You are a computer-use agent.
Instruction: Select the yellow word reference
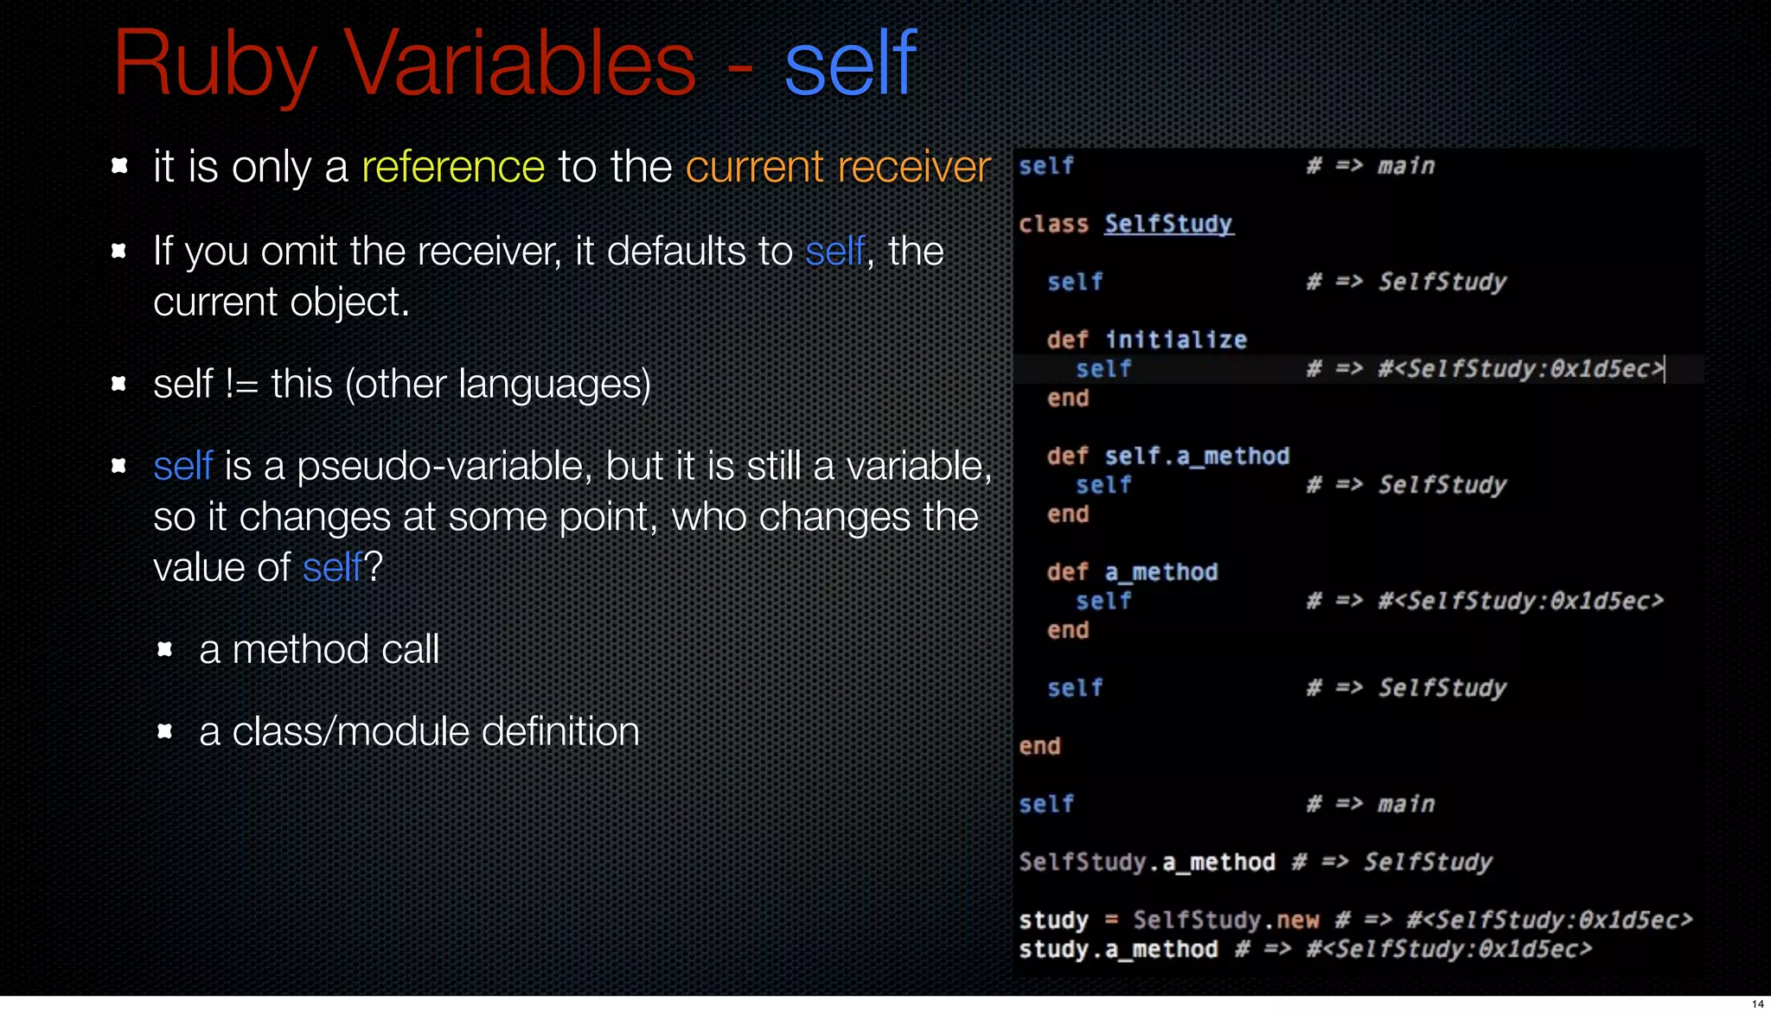coord(452,167)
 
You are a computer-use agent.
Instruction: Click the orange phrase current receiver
coord(837,167)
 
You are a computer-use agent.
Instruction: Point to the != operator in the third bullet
coord(241,385)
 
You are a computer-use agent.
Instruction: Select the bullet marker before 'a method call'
coord(164,649)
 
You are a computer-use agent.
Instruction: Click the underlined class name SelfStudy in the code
coord(1168,224)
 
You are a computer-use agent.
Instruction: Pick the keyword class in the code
coord(1053,224)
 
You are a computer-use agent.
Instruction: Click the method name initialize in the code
coord(1176,340)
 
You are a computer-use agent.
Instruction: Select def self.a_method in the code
coord(1167,456)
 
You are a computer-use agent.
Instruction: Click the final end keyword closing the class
coord(1039,746)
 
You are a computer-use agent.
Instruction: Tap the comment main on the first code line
coord(1406,166)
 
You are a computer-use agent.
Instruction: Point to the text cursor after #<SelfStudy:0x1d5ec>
coord(1665,369)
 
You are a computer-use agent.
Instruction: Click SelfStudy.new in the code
coord(1226,920)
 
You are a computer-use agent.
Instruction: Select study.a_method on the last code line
coord(1117,949)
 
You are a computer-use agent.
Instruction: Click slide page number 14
coord(1757,1004)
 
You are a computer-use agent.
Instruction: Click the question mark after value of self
coord(374,568)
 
